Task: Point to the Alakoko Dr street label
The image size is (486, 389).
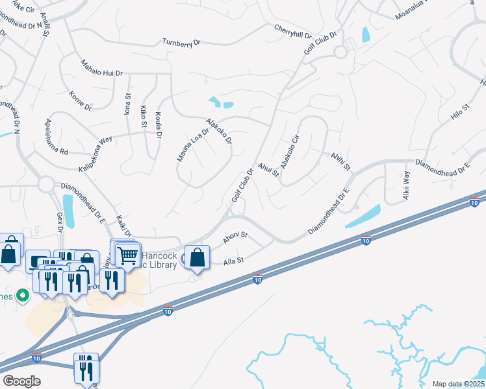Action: pyautogui.click(x=218, y=131)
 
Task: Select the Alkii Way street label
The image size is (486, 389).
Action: pyautogui.click(x=407, y=184)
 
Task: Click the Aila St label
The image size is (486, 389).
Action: pyautogui.click(x=233, y=261)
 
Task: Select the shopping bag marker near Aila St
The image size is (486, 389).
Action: pyautogui.click(x=197, y=257)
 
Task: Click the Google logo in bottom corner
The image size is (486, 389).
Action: pyautogui.click(x=22, y=381)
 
